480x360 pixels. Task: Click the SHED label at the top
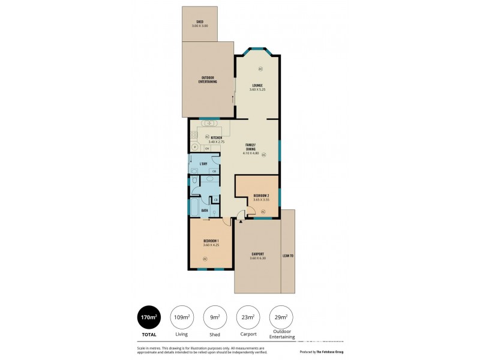200,22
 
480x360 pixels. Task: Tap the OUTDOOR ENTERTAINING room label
208,80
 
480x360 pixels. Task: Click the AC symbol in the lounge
260,68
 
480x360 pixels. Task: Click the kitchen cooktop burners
194,147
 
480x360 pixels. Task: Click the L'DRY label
203,163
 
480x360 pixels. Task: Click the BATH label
205,211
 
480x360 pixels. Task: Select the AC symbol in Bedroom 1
205,259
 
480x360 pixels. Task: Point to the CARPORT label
257,254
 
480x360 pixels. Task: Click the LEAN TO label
287,256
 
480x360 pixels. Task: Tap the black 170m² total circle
148,317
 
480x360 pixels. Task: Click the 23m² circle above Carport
248,317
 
